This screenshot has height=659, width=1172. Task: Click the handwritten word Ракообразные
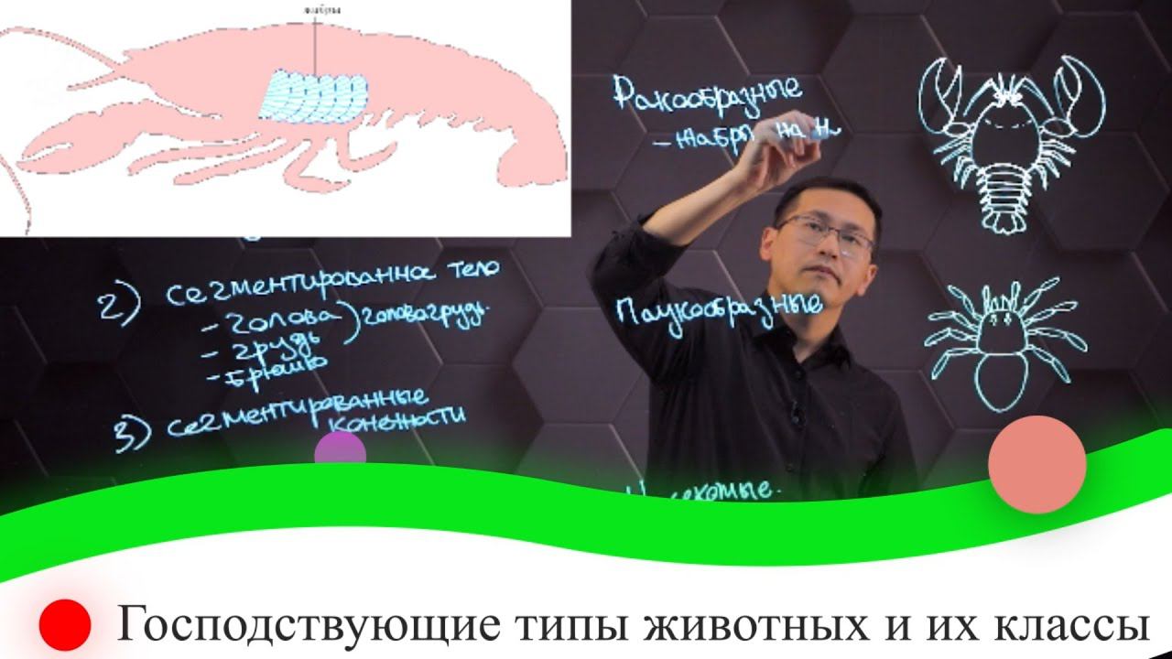(x=708, y=94)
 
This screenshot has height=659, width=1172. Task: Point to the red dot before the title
(x=65, y=626)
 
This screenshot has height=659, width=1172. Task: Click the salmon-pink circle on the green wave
(x=1036, y=464)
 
